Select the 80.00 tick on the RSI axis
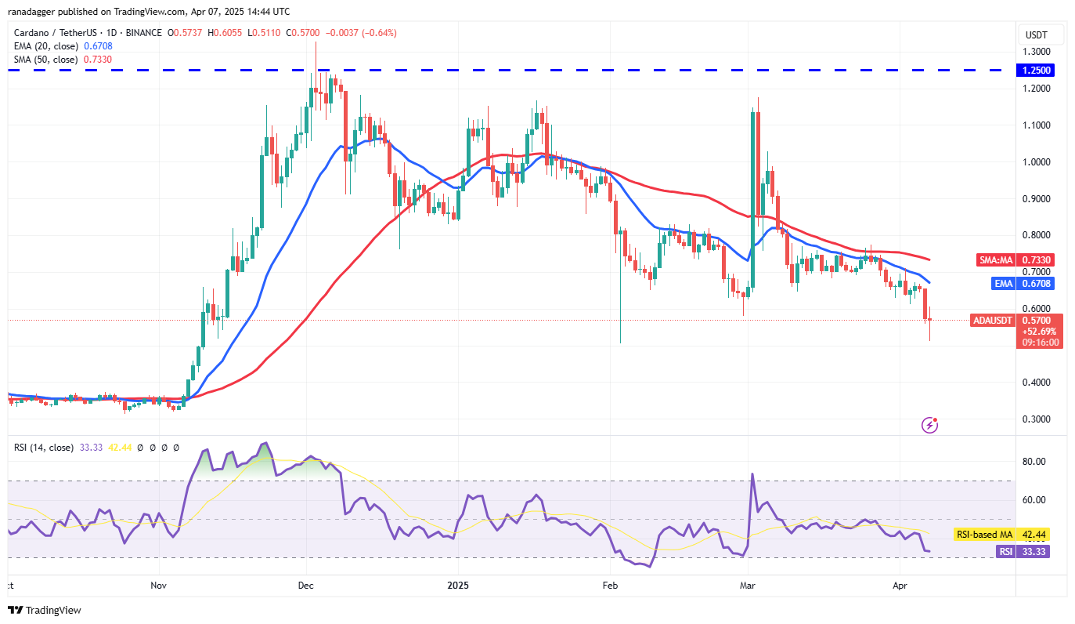coord(1036,462)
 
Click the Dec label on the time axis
coord(306,585)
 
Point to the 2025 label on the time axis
coord(457,585)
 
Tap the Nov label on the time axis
coord(159,585)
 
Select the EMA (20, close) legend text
coord(46,45)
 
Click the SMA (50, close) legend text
coord(46,59)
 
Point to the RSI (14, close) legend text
coord(44,448)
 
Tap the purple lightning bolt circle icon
coord(930,425)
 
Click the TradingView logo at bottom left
coord(45,610)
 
